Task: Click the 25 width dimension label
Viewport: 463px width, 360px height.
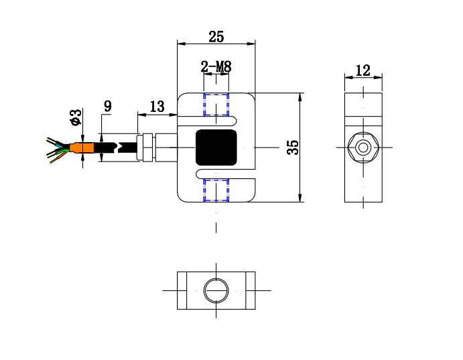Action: (216, 36)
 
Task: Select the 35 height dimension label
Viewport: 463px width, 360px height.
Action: (291, 147)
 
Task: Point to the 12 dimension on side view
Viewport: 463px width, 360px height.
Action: (362, 70)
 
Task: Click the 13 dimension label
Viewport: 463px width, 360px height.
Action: (157, 106)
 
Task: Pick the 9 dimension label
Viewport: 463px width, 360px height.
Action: (107, 105)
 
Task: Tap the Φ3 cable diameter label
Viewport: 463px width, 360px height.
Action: (75, 117)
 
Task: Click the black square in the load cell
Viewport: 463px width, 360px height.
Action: (216, 147)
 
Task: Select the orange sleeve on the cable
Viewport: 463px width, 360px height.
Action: (84, 148)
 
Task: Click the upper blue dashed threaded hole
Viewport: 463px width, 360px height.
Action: (216, 105)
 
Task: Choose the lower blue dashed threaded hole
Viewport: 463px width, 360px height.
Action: (216, 190)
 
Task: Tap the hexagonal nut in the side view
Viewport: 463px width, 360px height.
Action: (363, 147)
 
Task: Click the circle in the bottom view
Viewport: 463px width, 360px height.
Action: (216, 290)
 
